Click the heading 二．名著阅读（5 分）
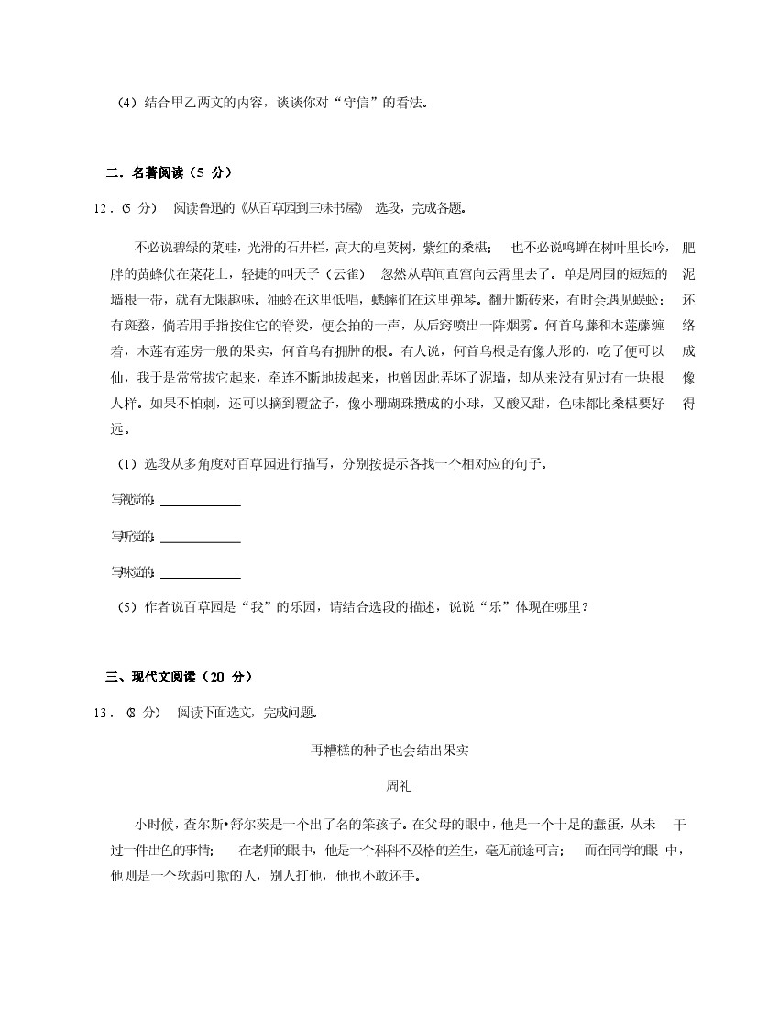[x=169, y=172]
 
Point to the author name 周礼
[x=389, y=786]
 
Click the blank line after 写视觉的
[x=200, y=502]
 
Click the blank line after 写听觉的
[x=200, y=538]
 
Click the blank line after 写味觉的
[x=200, y=574]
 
